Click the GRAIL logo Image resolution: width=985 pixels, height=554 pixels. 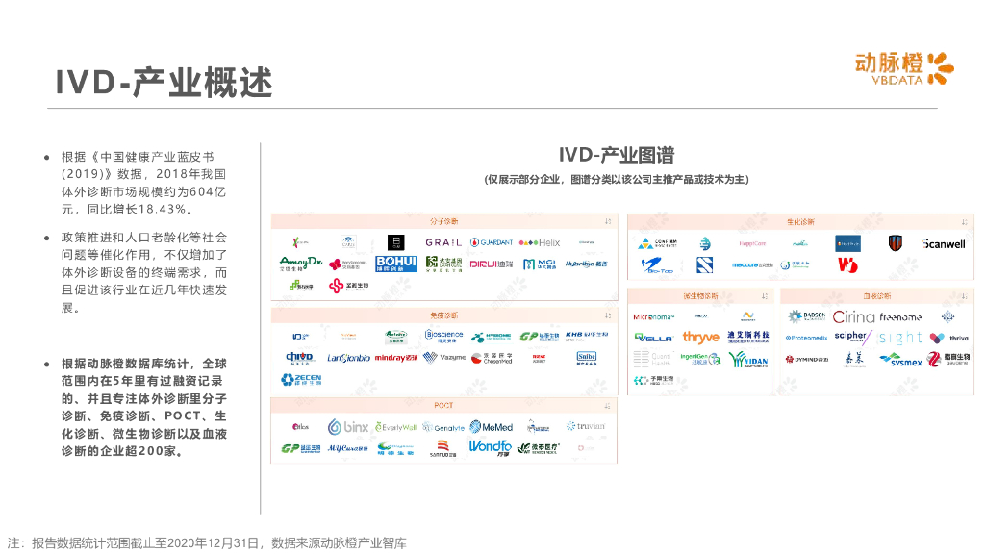443,242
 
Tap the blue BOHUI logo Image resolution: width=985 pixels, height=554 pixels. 395,264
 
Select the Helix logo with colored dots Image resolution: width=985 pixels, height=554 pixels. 539,242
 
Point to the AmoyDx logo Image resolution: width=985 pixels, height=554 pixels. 299,263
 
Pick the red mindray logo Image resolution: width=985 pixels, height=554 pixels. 396,358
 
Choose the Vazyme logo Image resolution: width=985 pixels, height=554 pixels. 444,358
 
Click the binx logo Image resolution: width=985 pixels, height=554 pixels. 347,427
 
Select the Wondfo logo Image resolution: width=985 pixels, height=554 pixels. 490,447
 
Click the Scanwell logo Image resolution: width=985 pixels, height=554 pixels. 943,244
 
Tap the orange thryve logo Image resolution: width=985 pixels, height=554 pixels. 700,338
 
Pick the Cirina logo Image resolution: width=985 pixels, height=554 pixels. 853,316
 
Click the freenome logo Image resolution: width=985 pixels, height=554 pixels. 900,316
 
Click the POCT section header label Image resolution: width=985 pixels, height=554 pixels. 443,406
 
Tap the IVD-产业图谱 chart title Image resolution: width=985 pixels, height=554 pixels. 617,155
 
